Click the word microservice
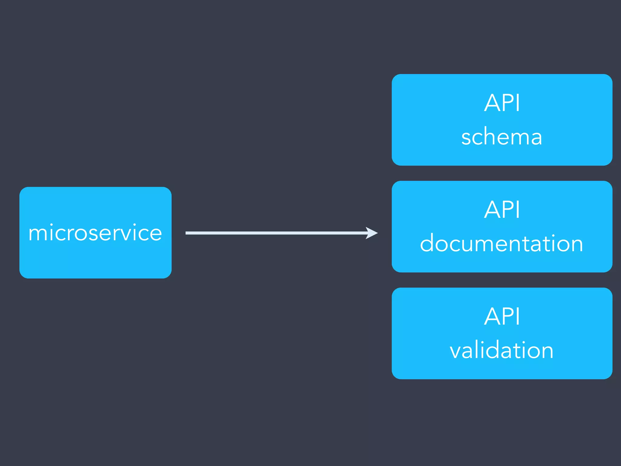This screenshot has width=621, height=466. click(95, 233)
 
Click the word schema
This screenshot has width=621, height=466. click(502, 137)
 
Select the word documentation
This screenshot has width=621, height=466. click(502, 243)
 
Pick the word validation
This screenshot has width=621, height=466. click(502, 350)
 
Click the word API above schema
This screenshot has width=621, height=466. click(502, 103)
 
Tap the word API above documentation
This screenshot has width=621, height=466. click(502, 210)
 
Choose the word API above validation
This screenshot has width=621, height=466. click(502, 316)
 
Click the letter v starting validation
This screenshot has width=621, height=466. click(456, 351)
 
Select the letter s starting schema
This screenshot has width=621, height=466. click(467, 138)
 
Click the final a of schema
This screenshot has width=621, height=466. click(535, 138)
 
